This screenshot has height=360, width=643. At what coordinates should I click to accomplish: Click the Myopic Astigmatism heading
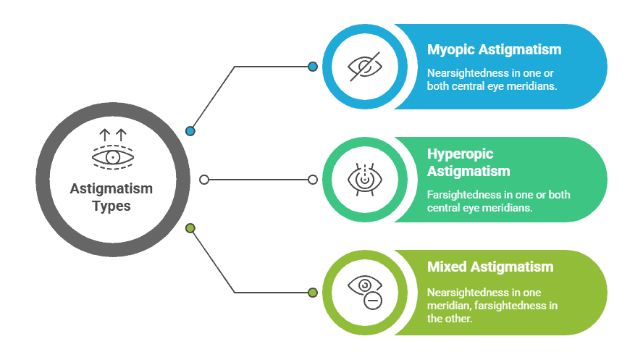[x=493, y=50]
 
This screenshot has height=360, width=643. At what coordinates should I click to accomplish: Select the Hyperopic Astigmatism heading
[x=468, y=163]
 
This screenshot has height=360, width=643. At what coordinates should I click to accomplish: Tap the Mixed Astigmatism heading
[x=489, y=267]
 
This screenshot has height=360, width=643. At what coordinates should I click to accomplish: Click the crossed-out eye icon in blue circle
[x=365, y=67]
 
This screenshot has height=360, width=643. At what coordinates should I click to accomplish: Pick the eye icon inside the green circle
[x=365, y=179]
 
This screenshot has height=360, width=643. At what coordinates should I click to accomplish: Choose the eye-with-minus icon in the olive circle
[x=365, y=291]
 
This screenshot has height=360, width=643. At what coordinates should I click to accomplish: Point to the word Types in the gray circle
[x=112, y=206]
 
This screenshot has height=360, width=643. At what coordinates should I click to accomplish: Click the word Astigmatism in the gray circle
[x=112, y=189]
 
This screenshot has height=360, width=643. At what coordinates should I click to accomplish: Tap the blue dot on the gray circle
[x=190, y=131]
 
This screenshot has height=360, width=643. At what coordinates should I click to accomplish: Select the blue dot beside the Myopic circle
[x=313, y=67]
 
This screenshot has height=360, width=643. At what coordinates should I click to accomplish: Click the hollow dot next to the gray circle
[x=203, y=179]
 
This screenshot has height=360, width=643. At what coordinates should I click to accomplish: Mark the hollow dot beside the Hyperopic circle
[x=313, y=179]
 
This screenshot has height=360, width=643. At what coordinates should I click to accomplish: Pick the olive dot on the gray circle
[x=190, y=228]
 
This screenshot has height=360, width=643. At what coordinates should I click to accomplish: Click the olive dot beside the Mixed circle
[x=313, y=293]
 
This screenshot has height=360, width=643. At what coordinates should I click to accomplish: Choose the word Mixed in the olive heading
[x=447, y=267]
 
